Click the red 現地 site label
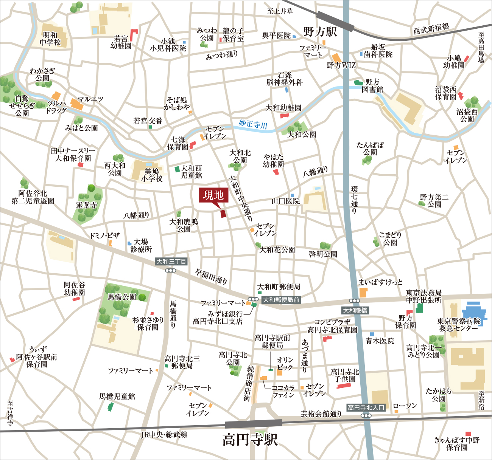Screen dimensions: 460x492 coord(213,195)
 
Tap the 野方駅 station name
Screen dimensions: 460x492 coord(320,32)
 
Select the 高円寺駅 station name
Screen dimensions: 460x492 coord(250,440)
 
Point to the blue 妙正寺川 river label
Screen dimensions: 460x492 coord(253,124)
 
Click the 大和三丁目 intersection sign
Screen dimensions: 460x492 coord(171,262)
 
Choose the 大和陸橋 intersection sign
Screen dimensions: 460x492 coord(355,310)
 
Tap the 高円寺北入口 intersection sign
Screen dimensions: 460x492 coord(366,407)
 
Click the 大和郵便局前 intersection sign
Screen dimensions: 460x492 coord(281,300)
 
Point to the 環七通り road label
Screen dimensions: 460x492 coord(354,200)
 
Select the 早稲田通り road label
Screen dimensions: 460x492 coord(211,276)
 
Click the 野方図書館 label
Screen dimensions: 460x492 coord(372,86)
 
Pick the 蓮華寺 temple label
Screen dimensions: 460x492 coord(86,205)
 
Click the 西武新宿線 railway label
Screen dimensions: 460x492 coord(431,28)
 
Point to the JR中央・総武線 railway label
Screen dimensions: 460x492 coord(164,435)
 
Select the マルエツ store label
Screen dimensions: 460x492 coord(90,99)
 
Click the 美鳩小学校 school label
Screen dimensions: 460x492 coord(152,175)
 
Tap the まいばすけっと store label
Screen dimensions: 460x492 coord(380,282)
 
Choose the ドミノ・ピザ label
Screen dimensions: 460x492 coord(104,235)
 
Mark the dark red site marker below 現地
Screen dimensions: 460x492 coord(223,214)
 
